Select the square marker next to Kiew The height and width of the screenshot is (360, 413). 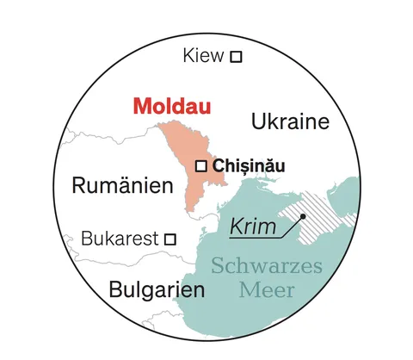tap(236, 57)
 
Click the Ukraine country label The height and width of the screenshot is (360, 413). tap(290, 121)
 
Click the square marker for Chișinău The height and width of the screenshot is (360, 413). tap(201, 164)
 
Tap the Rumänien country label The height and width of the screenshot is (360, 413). tap(116, 185)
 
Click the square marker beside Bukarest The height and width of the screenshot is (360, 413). tap(171, 239)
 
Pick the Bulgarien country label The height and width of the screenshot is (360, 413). tap(157, 289)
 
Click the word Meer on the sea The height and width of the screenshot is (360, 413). tap(266, 289)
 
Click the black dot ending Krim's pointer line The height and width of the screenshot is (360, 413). tap(303, 216)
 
